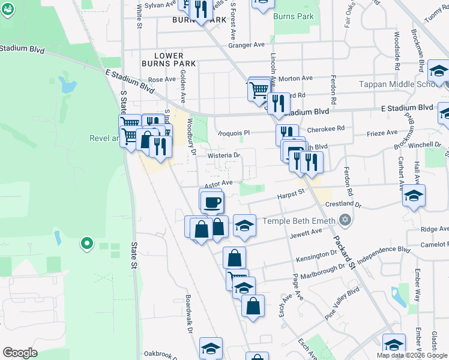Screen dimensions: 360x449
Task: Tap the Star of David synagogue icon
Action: click(344, 221)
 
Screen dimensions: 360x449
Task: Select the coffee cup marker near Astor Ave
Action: click(211, 202)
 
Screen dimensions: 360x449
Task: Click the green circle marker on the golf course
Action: click(87, 244)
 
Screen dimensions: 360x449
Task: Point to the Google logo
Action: click(20, 353)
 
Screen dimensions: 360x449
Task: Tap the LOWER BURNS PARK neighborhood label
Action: click(169, 59)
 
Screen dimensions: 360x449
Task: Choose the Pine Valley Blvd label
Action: click(342, 304)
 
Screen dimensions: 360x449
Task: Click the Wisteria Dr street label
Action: click(223, 156)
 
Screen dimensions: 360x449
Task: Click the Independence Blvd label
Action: click(383, 257)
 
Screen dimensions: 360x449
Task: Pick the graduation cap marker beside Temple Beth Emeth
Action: click(244, 226)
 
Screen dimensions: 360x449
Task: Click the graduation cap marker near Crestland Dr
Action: click(414, 196)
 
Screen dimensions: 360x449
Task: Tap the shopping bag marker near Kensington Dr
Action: click(234, 258)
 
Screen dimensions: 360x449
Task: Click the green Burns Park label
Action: click(294, 16)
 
